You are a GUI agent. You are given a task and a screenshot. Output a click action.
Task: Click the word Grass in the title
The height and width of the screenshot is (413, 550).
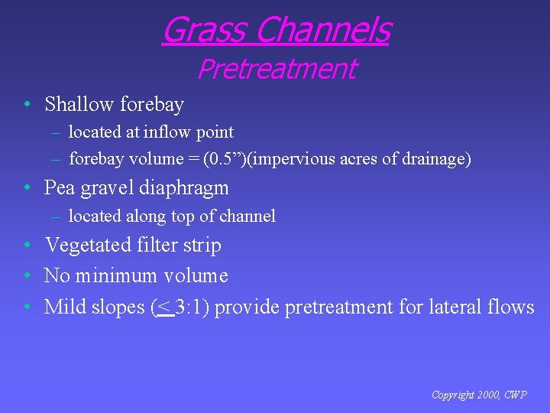[x=204, y=31]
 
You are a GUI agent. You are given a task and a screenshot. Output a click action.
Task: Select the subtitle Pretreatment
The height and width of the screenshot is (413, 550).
[x=276, y=69]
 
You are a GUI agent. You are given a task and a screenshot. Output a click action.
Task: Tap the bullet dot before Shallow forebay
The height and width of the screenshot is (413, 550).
[x=27, y=104]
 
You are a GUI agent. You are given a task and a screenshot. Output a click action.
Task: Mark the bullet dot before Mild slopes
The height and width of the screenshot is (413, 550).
[x=27, y=307]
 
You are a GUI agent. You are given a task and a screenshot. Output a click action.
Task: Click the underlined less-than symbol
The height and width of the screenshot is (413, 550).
[x=163, y=307]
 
